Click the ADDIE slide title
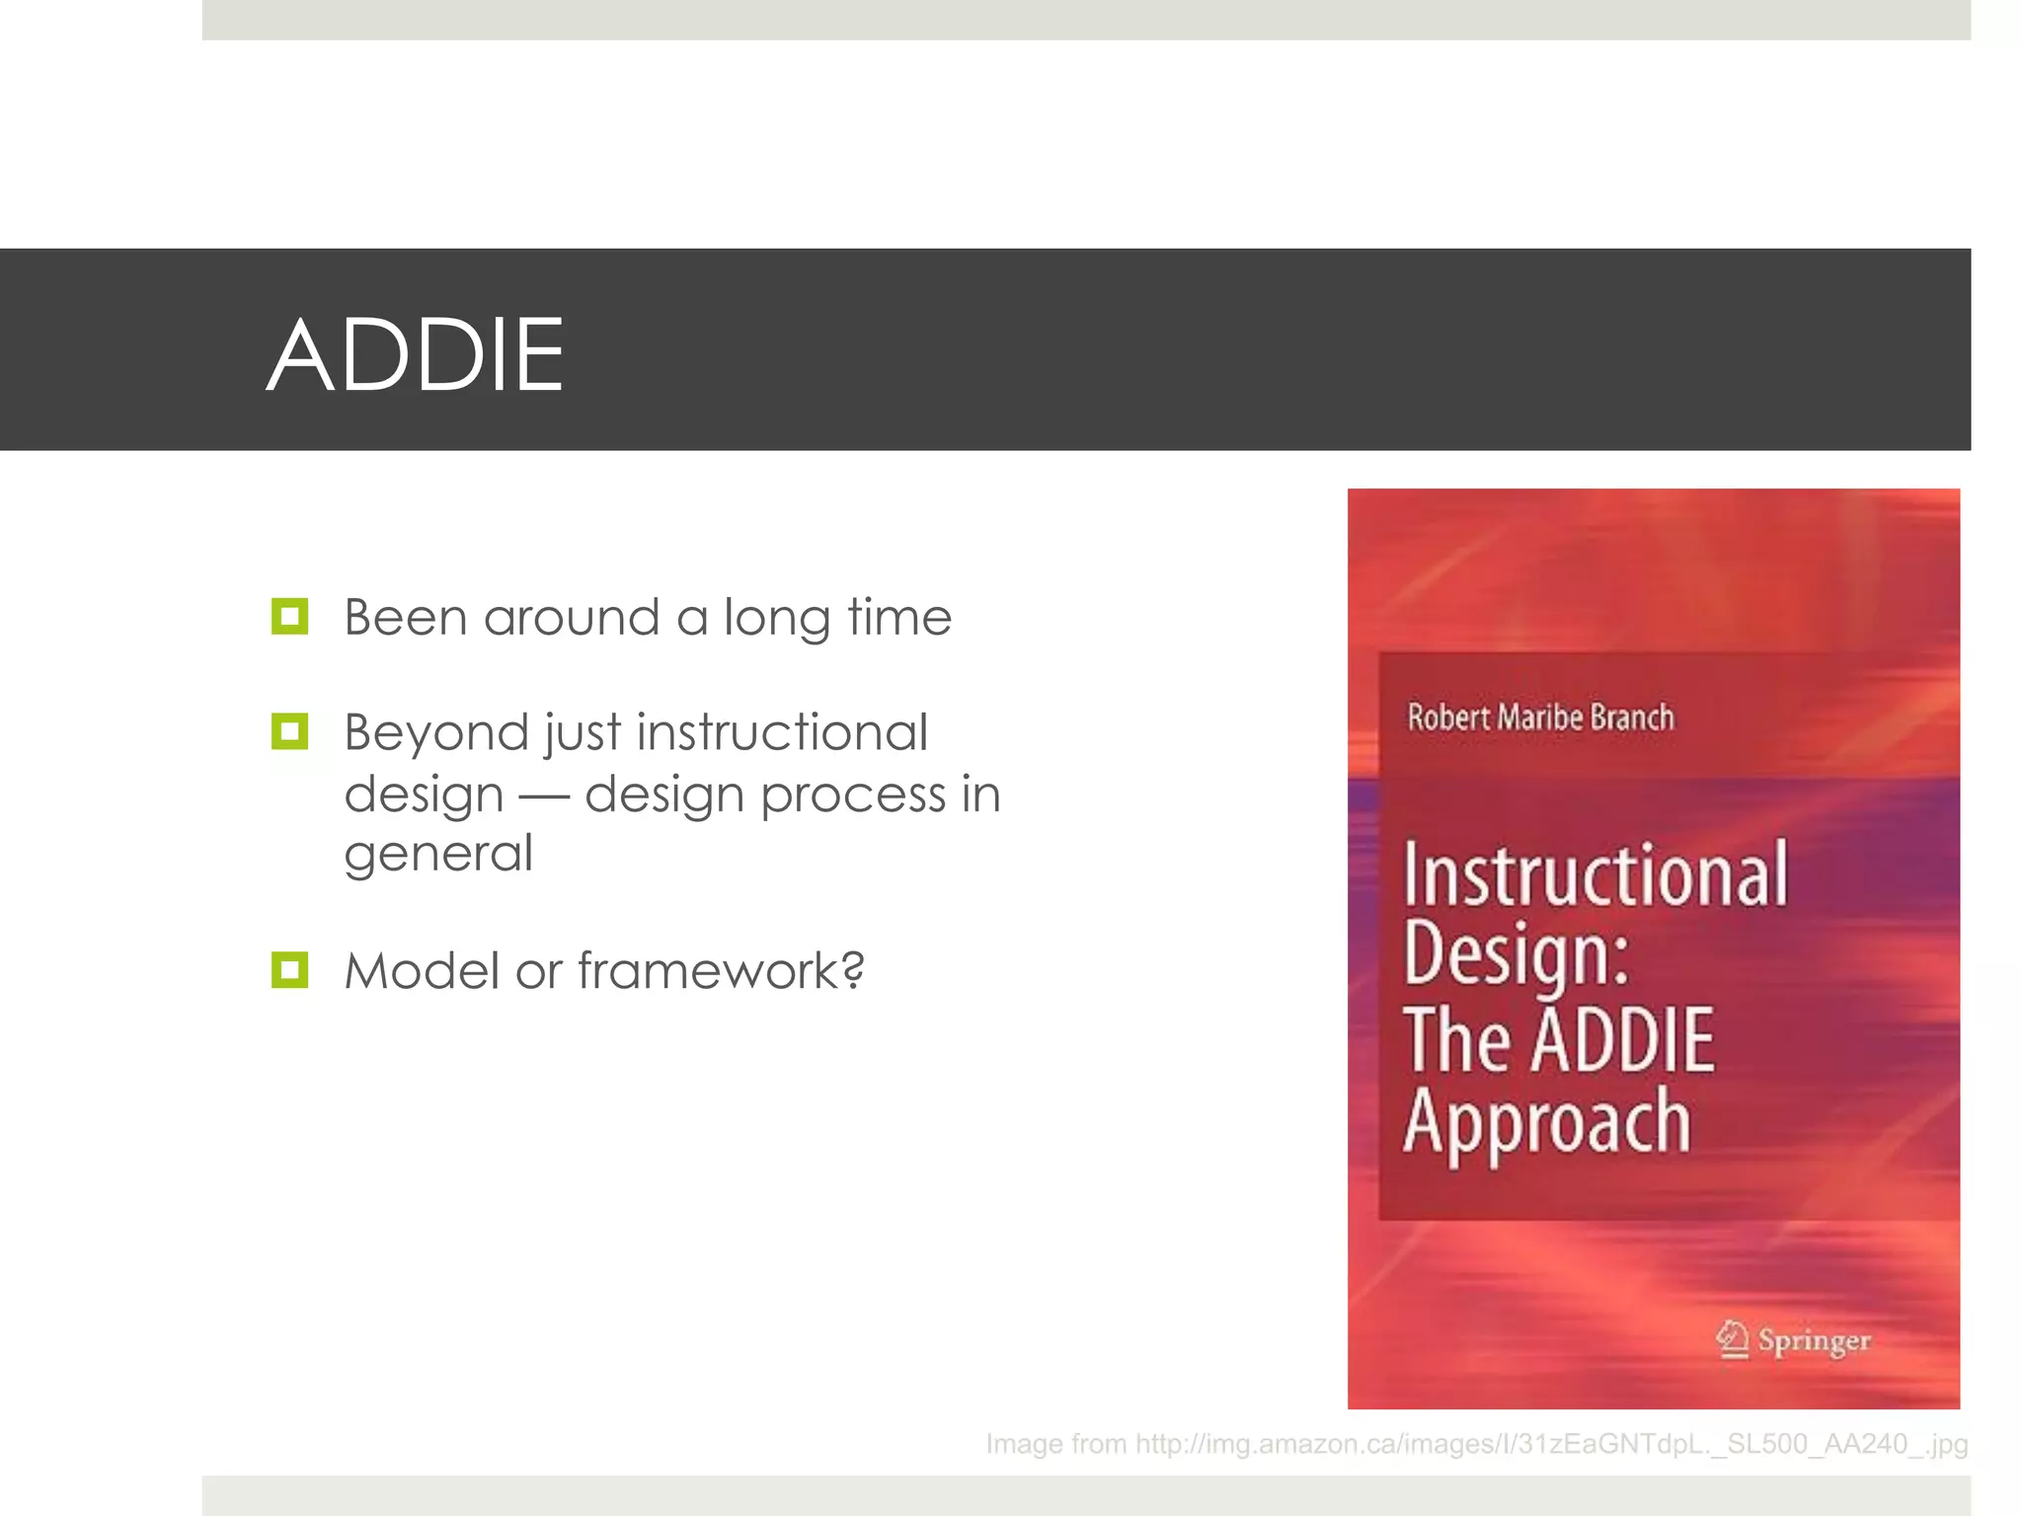coord(415,355)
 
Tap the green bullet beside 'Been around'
coord(290,617)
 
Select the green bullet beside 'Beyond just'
coord(290,731)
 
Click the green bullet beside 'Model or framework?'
coord(290,970)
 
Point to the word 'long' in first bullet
coord(777,620)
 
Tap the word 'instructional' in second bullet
coord(782,732)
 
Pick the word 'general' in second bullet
coord(438,855)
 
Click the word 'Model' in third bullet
coord(422,970)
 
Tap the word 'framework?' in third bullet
coord(721,970)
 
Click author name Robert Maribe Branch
coord(1540,718)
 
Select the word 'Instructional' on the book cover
coord(1595,874)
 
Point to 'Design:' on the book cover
coord(1516,954)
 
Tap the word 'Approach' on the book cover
coord(1547,1123)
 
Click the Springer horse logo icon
coord(1732,1339)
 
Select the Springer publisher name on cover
coord(1814,1340)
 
